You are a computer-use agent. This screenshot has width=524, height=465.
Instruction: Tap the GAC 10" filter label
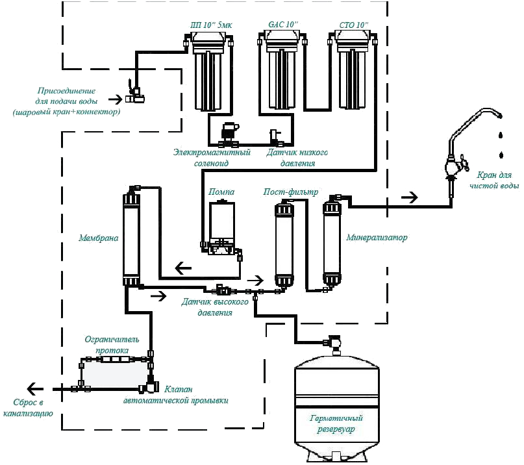coord(282,25)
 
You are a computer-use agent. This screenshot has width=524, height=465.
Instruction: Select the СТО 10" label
coord(353,25)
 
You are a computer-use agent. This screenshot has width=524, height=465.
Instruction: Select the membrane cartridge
coord(132,237)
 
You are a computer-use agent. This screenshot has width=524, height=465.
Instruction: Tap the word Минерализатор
coord(377,238)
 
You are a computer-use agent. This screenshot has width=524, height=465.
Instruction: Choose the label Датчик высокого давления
coord(205,307)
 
